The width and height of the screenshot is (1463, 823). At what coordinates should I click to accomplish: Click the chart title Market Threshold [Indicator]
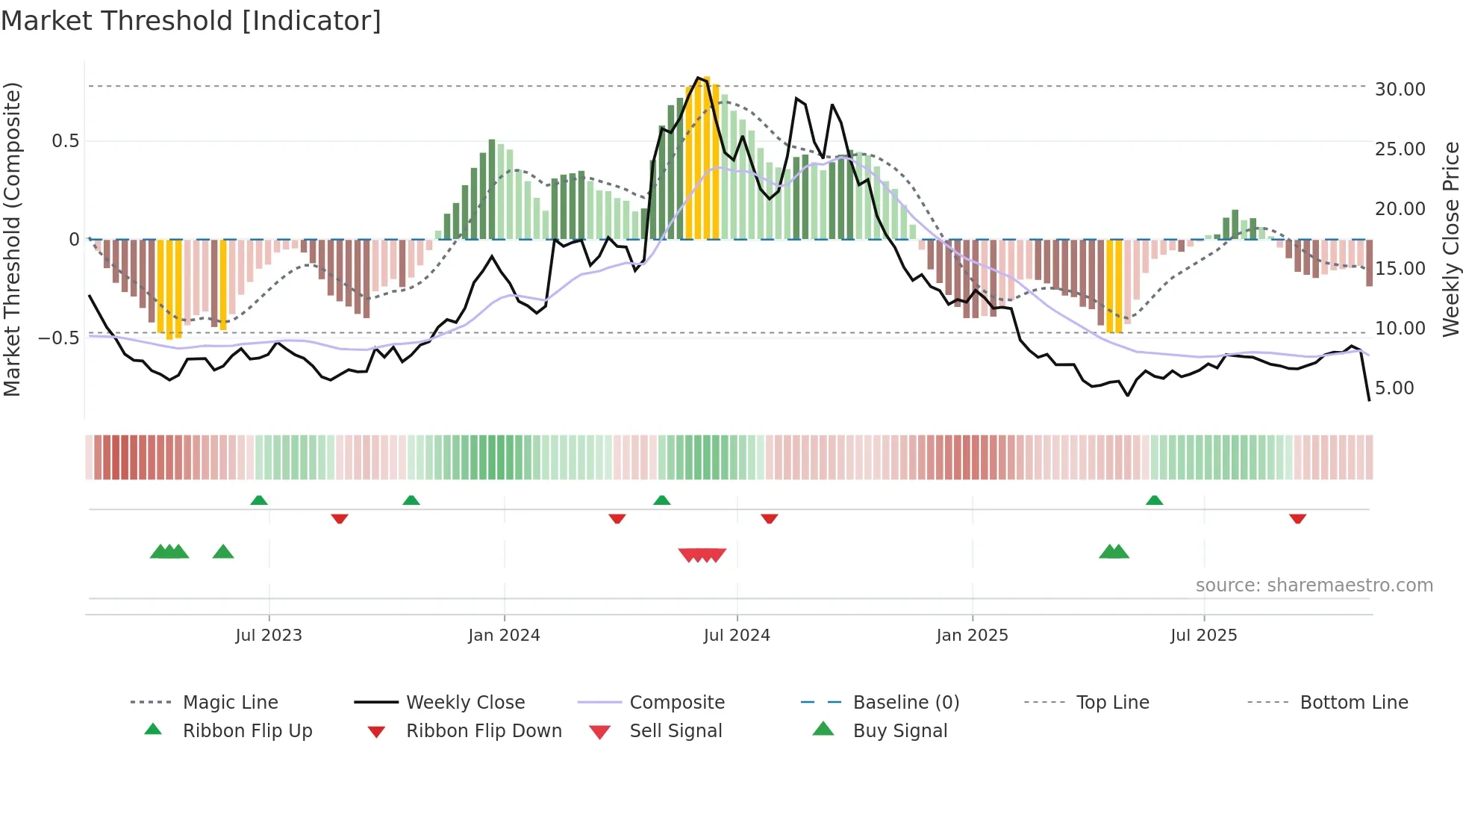click(191, 21)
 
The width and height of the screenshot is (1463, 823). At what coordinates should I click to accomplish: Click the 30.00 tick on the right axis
click(1400, 90)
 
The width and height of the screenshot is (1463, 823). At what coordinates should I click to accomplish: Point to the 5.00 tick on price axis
click(1394, 388)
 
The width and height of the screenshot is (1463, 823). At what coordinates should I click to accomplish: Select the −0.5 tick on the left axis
click(59, 338)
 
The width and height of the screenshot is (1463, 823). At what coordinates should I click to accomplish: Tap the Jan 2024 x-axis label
click(504, 636)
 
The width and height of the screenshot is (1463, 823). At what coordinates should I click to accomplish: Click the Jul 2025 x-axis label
click(1203, 636)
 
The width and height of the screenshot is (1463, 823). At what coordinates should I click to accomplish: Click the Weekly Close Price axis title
click(1450, 239)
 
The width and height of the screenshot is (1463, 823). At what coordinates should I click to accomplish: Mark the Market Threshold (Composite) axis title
click(13, 239)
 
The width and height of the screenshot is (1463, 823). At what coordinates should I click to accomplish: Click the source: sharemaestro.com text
click(1314, 586)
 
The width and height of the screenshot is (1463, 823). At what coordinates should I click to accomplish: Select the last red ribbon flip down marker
click(1297, 518)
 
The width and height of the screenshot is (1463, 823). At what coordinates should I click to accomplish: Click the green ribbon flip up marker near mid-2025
click(1154, 500)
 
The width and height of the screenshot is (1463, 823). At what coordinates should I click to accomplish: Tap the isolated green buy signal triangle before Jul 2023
click(223, 553)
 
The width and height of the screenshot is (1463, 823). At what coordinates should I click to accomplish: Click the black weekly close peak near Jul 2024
click(698, 78)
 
